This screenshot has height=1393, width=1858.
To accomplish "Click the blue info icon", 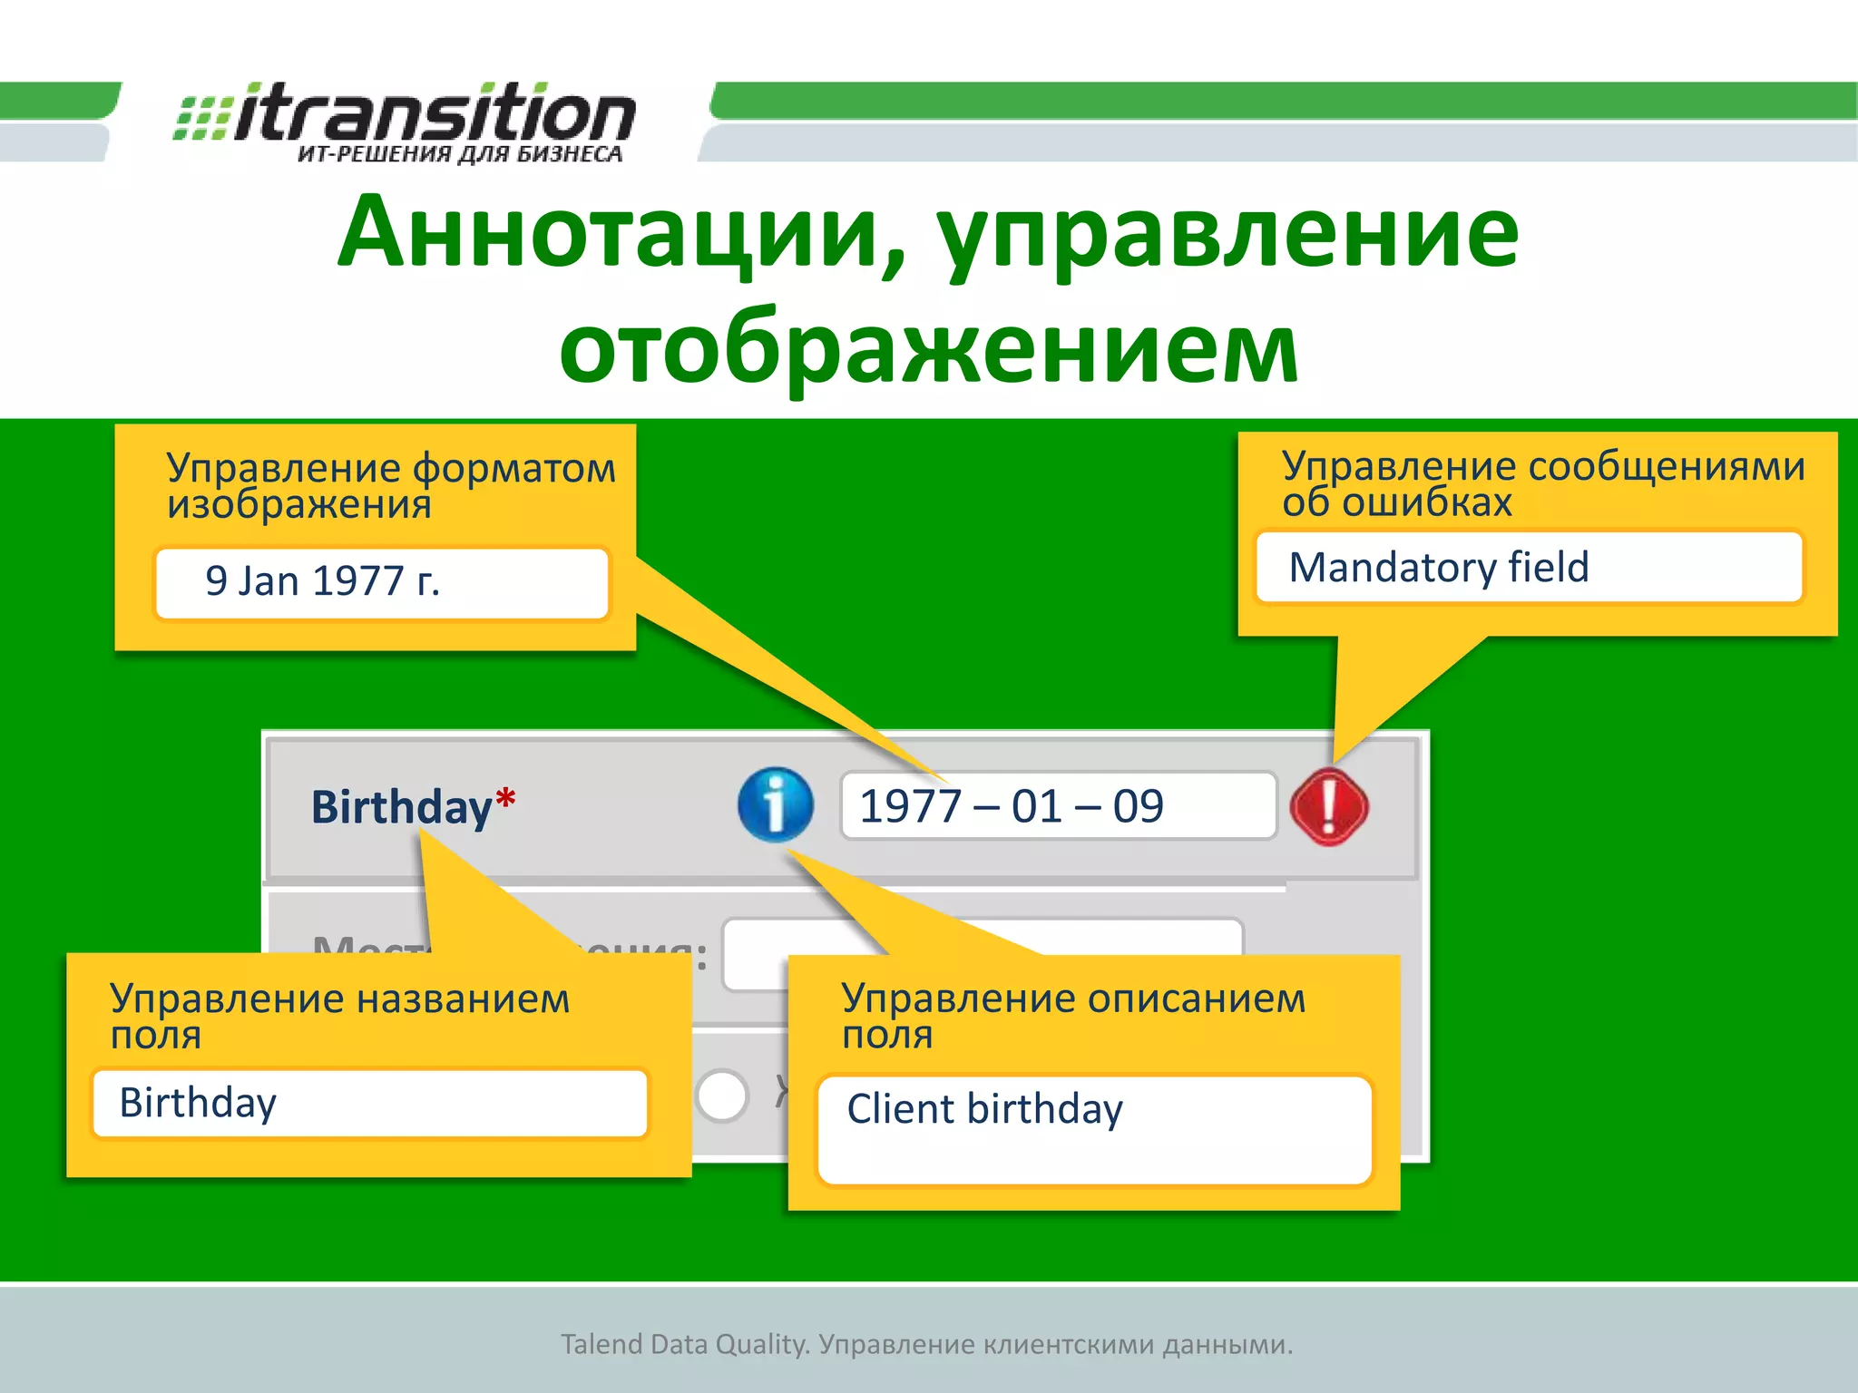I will click(x=775, y=804).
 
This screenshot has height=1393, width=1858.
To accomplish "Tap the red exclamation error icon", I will click(x=1328, y=806).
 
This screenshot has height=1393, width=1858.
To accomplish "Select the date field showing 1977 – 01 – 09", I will click(x=1057, y=806).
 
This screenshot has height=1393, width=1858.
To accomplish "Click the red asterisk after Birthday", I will click(x=505, y=799).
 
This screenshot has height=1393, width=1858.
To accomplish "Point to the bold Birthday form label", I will click(x=401, y=807).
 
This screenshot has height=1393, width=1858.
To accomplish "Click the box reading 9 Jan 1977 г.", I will click(x=381, y=582).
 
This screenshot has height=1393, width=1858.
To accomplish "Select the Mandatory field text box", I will click(x=1529, y=568).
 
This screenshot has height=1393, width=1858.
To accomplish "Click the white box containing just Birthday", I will click(x=370, y=1103).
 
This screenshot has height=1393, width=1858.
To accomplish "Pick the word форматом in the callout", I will click(x=513, y=469).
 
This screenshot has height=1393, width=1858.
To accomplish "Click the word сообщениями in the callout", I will click(x=1667, y=466).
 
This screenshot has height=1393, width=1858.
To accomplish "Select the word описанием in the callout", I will click(x=1197, y=998).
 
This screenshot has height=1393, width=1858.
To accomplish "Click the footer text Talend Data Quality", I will click(x=684, y=1344).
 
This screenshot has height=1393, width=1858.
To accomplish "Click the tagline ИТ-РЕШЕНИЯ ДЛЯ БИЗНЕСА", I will click(x=460, y=154).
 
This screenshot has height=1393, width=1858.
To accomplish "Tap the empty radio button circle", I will click(x=721, y=1096).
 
